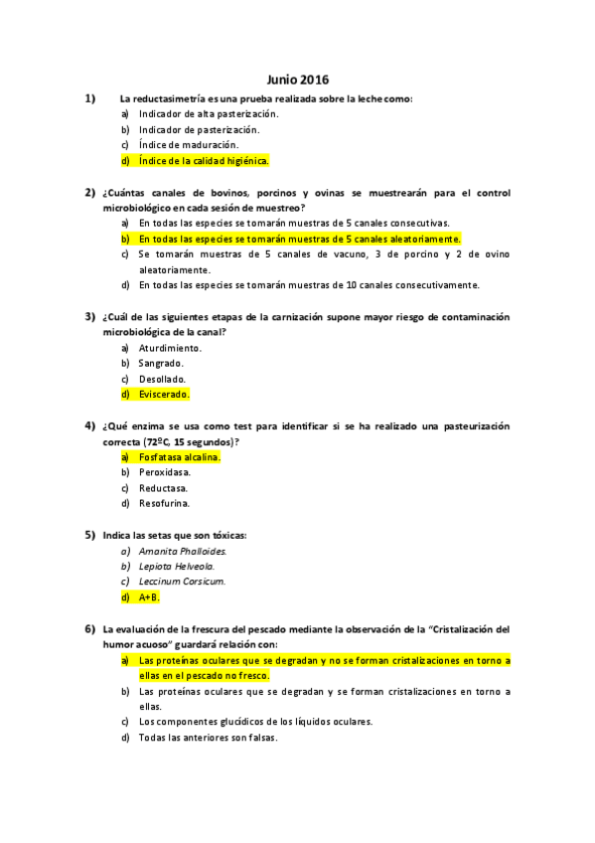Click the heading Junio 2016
coord(298,79)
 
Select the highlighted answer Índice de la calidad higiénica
coord(204,160)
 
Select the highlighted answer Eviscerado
coord(164,394)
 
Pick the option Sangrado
coord(161,363)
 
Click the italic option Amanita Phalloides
coord(183,551)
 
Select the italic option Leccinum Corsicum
coord(182,582)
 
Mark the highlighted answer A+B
coord(149,597)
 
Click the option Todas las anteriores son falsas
coord(208,738)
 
